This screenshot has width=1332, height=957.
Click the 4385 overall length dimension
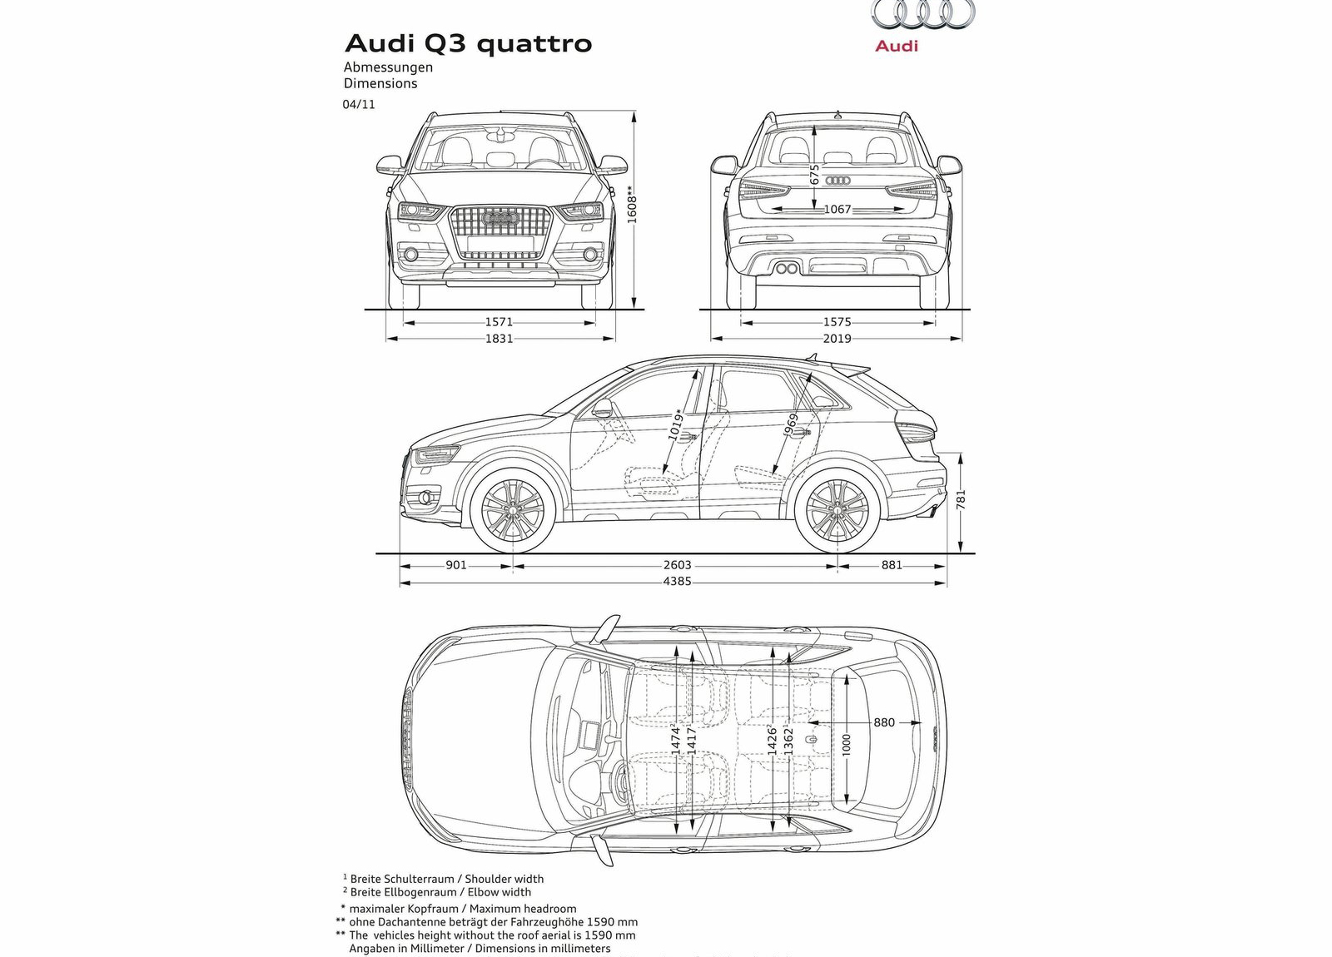[677, 582]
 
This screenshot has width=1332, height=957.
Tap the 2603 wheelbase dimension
[677, 565]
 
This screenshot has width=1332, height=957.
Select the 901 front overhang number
[456, 565]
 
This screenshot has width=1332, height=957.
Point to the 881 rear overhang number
[892, 565]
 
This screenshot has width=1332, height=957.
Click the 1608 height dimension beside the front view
[632, 204]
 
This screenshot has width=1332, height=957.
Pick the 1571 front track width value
[499, 322]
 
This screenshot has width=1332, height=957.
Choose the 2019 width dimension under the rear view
[837, 339]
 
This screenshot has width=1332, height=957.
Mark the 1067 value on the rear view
[837, 210]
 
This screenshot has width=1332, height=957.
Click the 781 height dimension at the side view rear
[962, 499]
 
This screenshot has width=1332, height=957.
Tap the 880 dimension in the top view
[884, 722]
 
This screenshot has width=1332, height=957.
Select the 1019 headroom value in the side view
[676, 424]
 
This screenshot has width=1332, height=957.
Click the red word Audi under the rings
[897, 47]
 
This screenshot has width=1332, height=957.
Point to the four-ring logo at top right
[922, 14]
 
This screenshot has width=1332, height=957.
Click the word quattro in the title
[534, 43]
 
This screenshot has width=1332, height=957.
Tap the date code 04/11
[359, 105]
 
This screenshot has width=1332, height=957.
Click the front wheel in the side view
[512, 510]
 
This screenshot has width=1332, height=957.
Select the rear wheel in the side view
[837, 510]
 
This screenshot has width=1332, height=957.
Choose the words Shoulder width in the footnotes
[504, 879]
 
